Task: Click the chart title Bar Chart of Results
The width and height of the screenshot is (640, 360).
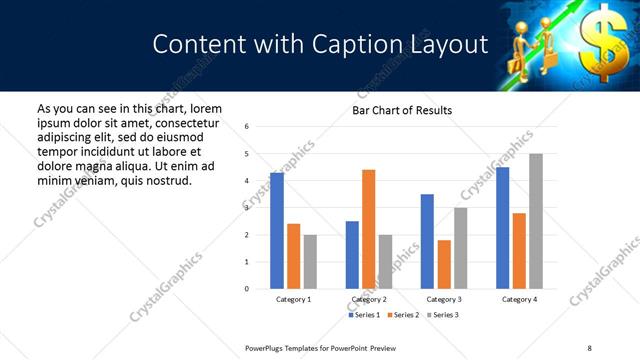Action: (402, 110)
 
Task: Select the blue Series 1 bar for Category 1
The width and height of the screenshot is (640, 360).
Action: (277, 231)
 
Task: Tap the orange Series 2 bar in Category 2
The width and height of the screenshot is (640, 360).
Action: (368, 229)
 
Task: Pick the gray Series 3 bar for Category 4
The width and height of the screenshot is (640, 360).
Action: (536, 221)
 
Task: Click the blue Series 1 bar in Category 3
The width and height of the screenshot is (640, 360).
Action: (427, 241)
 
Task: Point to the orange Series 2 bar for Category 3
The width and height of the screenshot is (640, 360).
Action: (444, 264)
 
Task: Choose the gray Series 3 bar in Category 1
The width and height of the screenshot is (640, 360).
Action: (310, 262)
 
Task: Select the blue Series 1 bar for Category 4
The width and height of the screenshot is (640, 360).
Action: (502, 228)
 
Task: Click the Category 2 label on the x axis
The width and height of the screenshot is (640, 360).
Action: (368, 299)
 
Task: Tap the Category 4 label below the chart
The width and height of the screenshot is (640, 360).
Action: (519, 299)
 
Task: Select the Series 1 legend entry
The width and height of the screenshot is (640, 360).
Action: (362, 315)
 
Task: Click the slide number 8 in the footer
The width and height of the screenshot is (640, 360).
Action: (589, 347)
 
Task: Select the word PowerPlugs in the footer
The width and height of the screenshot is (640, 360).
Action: (269, 347)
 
